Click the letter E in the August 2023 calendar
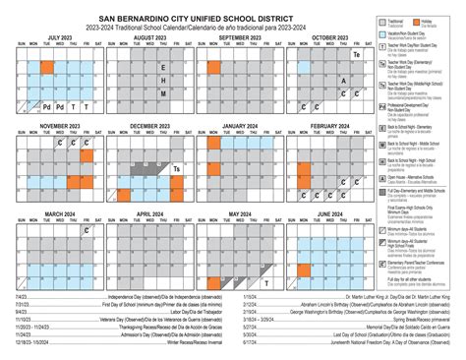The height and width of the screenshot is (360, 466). coord(162,68)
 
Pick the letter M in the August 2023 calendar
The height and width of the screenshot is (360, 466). coord(162,92)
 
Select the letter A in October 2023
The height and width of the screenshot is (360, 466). coord(343,82)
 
